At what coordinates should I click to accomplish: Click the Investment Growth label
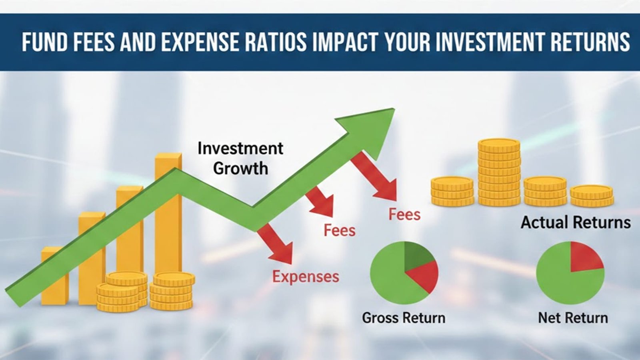[240, 158]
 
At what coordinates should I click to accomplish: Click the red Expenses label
[306, 277]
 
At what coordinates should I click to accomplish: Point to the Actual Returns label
[576, 222]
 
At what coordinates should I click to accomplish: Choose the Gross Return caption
[404, 318]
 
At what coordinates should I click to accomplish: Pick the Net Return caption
[573, 318]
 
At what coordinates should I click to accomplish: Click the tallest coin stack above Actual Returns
[499, 172]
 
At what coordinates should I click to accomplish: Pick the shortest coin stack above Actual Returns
[591, 196]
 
